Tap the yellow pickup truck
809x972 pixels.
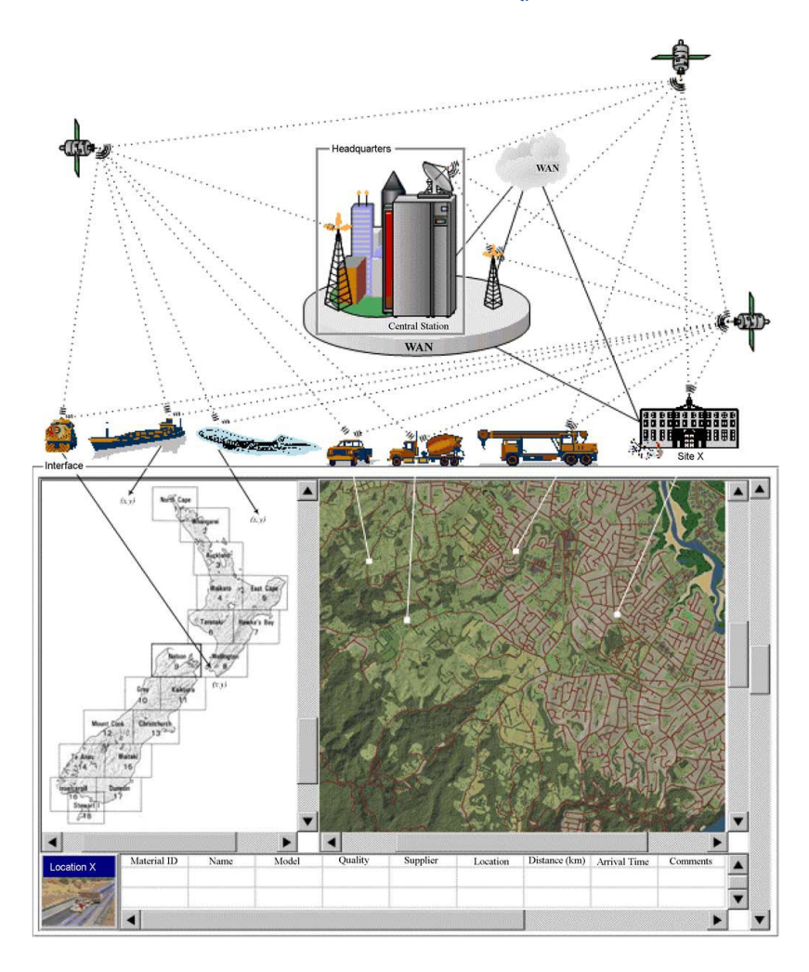(x=349, y=450)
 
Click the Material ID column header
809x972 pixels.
(x=153, y=860)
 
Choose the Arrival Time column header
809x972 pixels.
(x=623, y=861)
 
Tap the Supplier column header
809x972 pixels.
(x=422, y=860)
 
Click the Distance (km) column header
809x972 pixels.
(x=556, y=860)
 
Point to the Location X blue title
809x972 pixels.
(x=79, y=867)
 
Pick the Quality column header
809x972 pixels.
(x=354, y=860)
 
